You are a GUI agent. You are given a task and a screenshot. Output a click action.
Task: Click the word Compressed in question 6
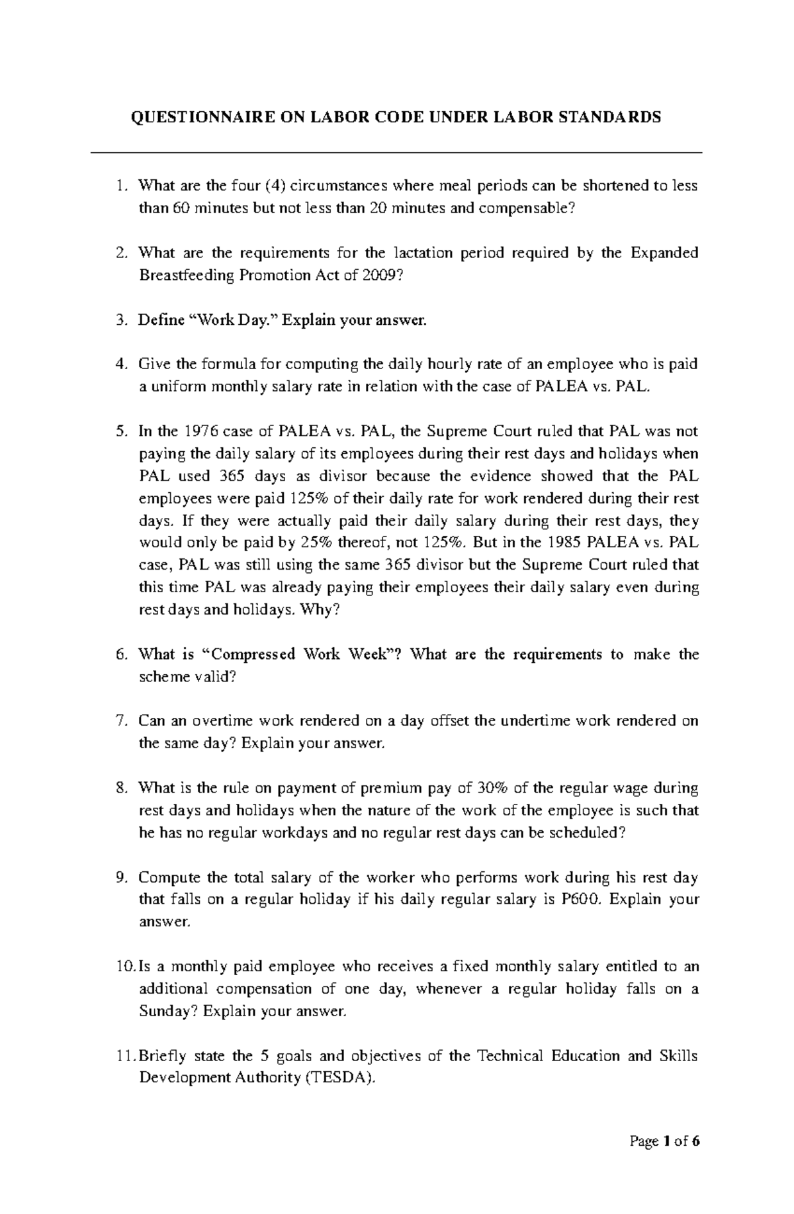coord(253,654)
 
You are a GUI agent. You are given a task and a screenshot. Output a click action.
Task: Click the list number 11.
coord(122,1056)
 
